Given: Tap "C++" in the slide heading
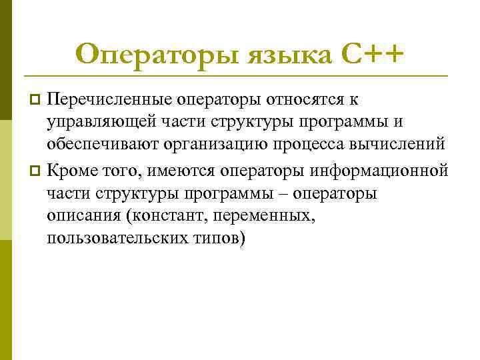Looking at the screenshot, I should [x=374, y=53].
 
